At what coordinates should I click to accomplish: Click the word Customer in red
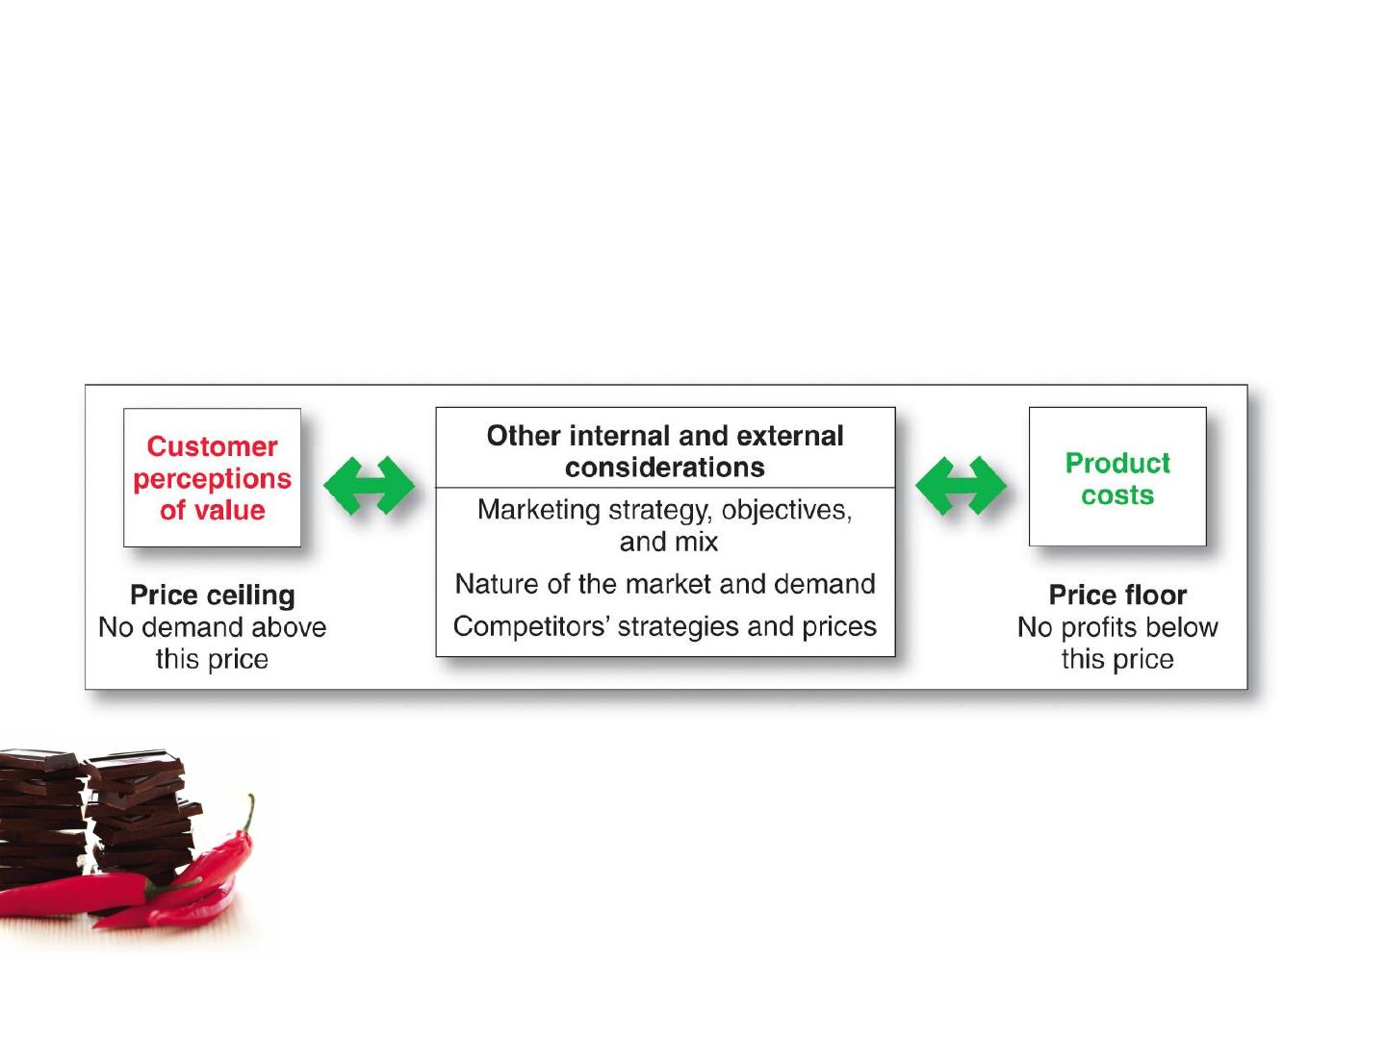[212, 446]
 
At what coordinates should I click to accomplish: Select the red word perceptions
[212, 479]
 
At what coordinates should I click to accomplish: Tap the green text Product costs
[1117, 479]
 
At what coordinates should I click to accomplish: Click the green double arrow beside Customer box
[370, 485]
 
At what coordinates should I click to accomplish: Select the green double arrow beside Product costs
[961, 485]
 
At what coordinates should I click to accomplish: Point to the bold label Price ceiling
[212, 596]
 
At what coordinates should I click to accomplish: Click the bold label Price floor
[1117, 595]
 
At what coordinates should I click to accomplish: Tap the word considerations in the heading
[665, 468]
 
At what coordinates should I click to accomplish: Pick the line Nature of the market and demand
[665, 584]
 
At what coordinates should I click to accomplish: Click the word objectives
[786, 510]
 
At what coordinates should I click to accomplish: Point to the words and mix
[669, 542]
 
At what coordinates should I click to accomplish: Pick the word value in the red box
[229, 510]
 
